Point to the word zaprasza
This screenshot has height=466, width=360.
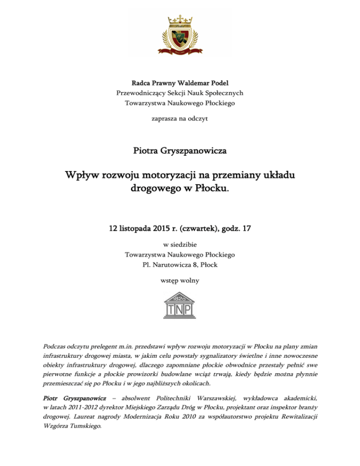[163, 119]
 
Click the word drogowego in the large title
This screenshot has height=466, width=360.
[157, 191]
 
